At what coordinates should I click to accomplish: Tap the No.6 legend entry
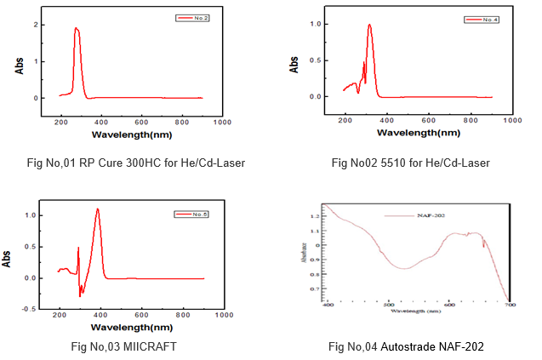click(192, 214)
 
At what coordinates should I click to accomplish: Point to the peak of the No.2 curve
click(77, 28)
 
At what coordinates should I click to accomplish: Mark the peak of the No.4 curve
click(369, 25)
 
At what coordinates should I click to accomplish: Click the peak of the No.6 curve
click(98, 209)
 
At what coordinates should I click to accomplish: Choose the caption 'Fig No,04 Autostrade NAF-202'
click(401, 346)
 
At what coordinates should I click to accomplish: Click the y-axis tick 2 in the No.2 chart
click(35, 25)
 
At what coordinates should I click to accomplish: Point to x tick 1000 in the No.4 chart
click(512, 122)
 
